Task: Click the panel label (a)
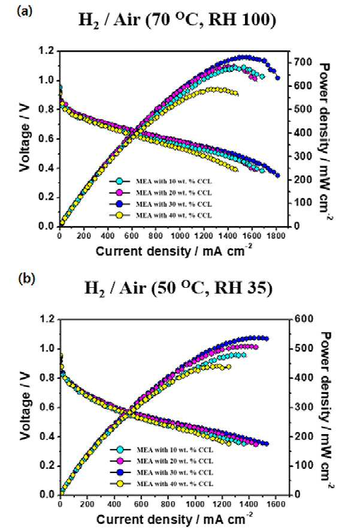[25, 11]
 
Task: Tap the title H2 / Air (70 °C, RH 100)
[177, 20]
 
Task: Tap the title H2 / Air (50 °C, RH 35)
[179, 288]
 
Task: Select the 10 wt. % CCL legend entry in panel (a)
[161, 182]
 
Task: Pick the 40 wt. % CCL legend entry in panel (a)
[161, 215]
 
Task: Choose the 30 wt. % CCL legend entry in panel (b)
[162, 472]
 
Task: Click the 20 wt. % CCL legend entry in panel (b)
[162, 461]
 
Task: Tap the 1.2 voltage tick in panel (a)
[47, 51]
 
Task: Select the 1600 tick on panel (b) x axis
[276, 504]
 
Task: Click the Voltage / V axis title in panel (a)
[25, 138]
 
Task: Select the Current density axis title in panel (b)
[174, 519]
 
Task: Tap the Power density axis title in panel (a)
[325, 142]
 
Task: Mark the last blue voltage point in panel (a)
[277, 175]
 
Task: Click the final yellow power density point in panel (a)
[236, 94]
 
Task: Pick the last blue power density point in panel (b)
[267, 338]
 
